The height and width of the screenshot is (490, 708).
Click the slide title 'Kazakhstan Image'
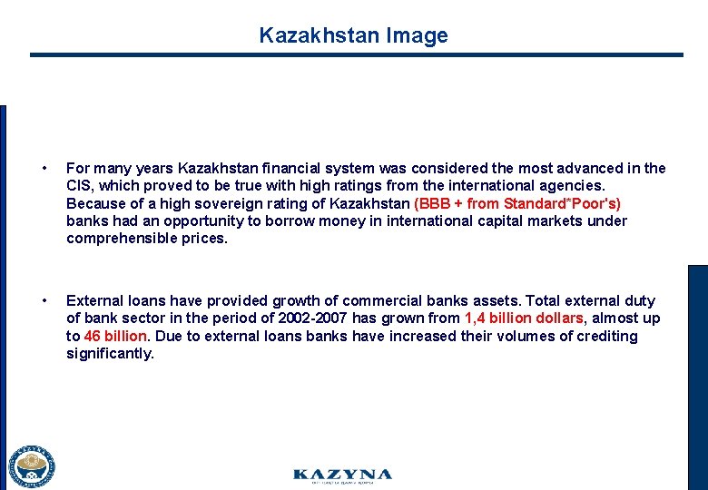tap(353, 35)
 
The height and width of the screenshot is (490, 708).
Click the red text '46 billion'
tap(115, 336)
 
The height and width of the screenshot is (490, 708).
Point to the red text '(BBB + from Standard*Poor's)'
tap(517, 203)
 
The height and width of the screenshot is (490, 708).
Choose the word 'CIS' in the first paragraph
tap(79, 186)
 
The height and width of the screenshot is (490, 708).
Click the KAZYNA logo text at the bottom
tap(342, 475)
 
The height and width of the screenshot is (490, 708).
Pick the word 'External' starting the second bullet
tap(94, 300)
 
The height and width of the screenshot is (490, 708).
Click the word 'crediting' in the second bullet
tap(605, 336)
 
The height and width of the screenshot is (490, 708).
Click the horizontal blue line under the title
tap(356, 55)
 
